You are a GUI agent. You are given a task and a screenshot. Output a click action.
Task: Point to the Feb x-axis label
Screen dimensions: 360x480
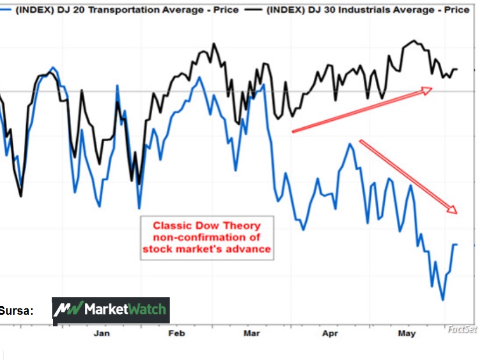(176, 333)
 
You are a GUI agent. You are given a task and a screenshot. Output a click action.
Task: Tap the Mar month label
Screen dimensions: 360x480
(252, 333)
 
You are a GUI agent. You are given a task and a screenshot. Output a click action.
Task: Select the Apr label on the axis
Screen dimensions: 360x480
(330, 333)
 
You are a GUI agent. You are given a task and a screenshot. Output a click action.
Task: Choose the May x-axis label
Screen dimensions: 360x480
(407, 333)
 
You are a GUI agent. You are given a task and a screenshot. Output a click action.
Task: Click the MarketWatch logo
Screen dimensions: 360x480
(110, 310)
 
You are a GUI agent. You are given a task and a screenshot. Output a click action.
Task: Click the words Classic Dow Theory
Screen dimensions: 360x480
(206, 225)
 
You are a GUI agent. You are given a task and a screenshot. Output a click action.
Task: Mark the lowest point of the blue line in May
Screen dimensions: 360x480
(443, 300)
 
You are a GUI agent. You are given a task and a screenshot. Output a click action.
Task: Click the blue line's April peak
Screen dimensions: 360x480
(350, 143)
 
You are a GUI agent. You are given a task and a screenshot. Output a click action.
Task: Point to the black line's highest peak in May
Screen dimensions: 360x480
(413, 41)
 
